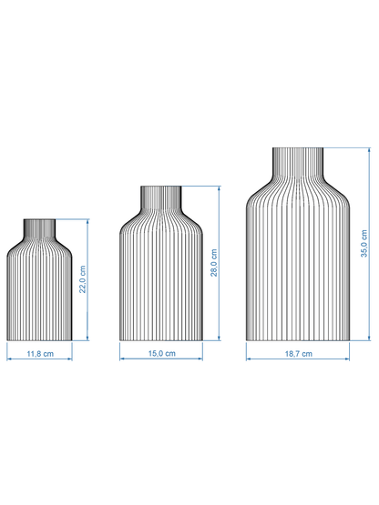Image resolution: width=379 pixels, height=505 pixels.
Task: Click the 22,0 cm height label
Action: point(82,279)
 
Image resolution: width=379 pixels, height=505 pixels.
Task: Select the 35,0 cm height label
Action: point(364,244)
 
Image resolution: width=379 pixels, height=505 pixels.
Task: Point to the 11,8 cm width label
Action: point(39,352)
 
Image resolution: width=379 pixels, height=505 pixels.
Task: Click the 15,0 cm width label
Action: point(161,352)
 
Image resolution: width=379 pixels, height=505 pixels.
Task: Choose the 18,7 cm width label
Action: point(297,352)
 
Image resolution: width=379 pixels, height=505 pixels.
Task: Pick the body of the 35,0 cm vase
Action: point(297,264)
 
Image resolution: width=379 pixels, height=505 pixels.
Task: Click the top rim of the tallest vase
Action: point(297,147)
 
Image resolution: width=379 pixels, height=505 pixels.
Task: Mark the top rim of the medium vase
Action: point(161,187)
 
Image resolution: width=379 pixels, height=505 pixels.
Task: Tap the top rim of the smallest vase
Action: point(39,219)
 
